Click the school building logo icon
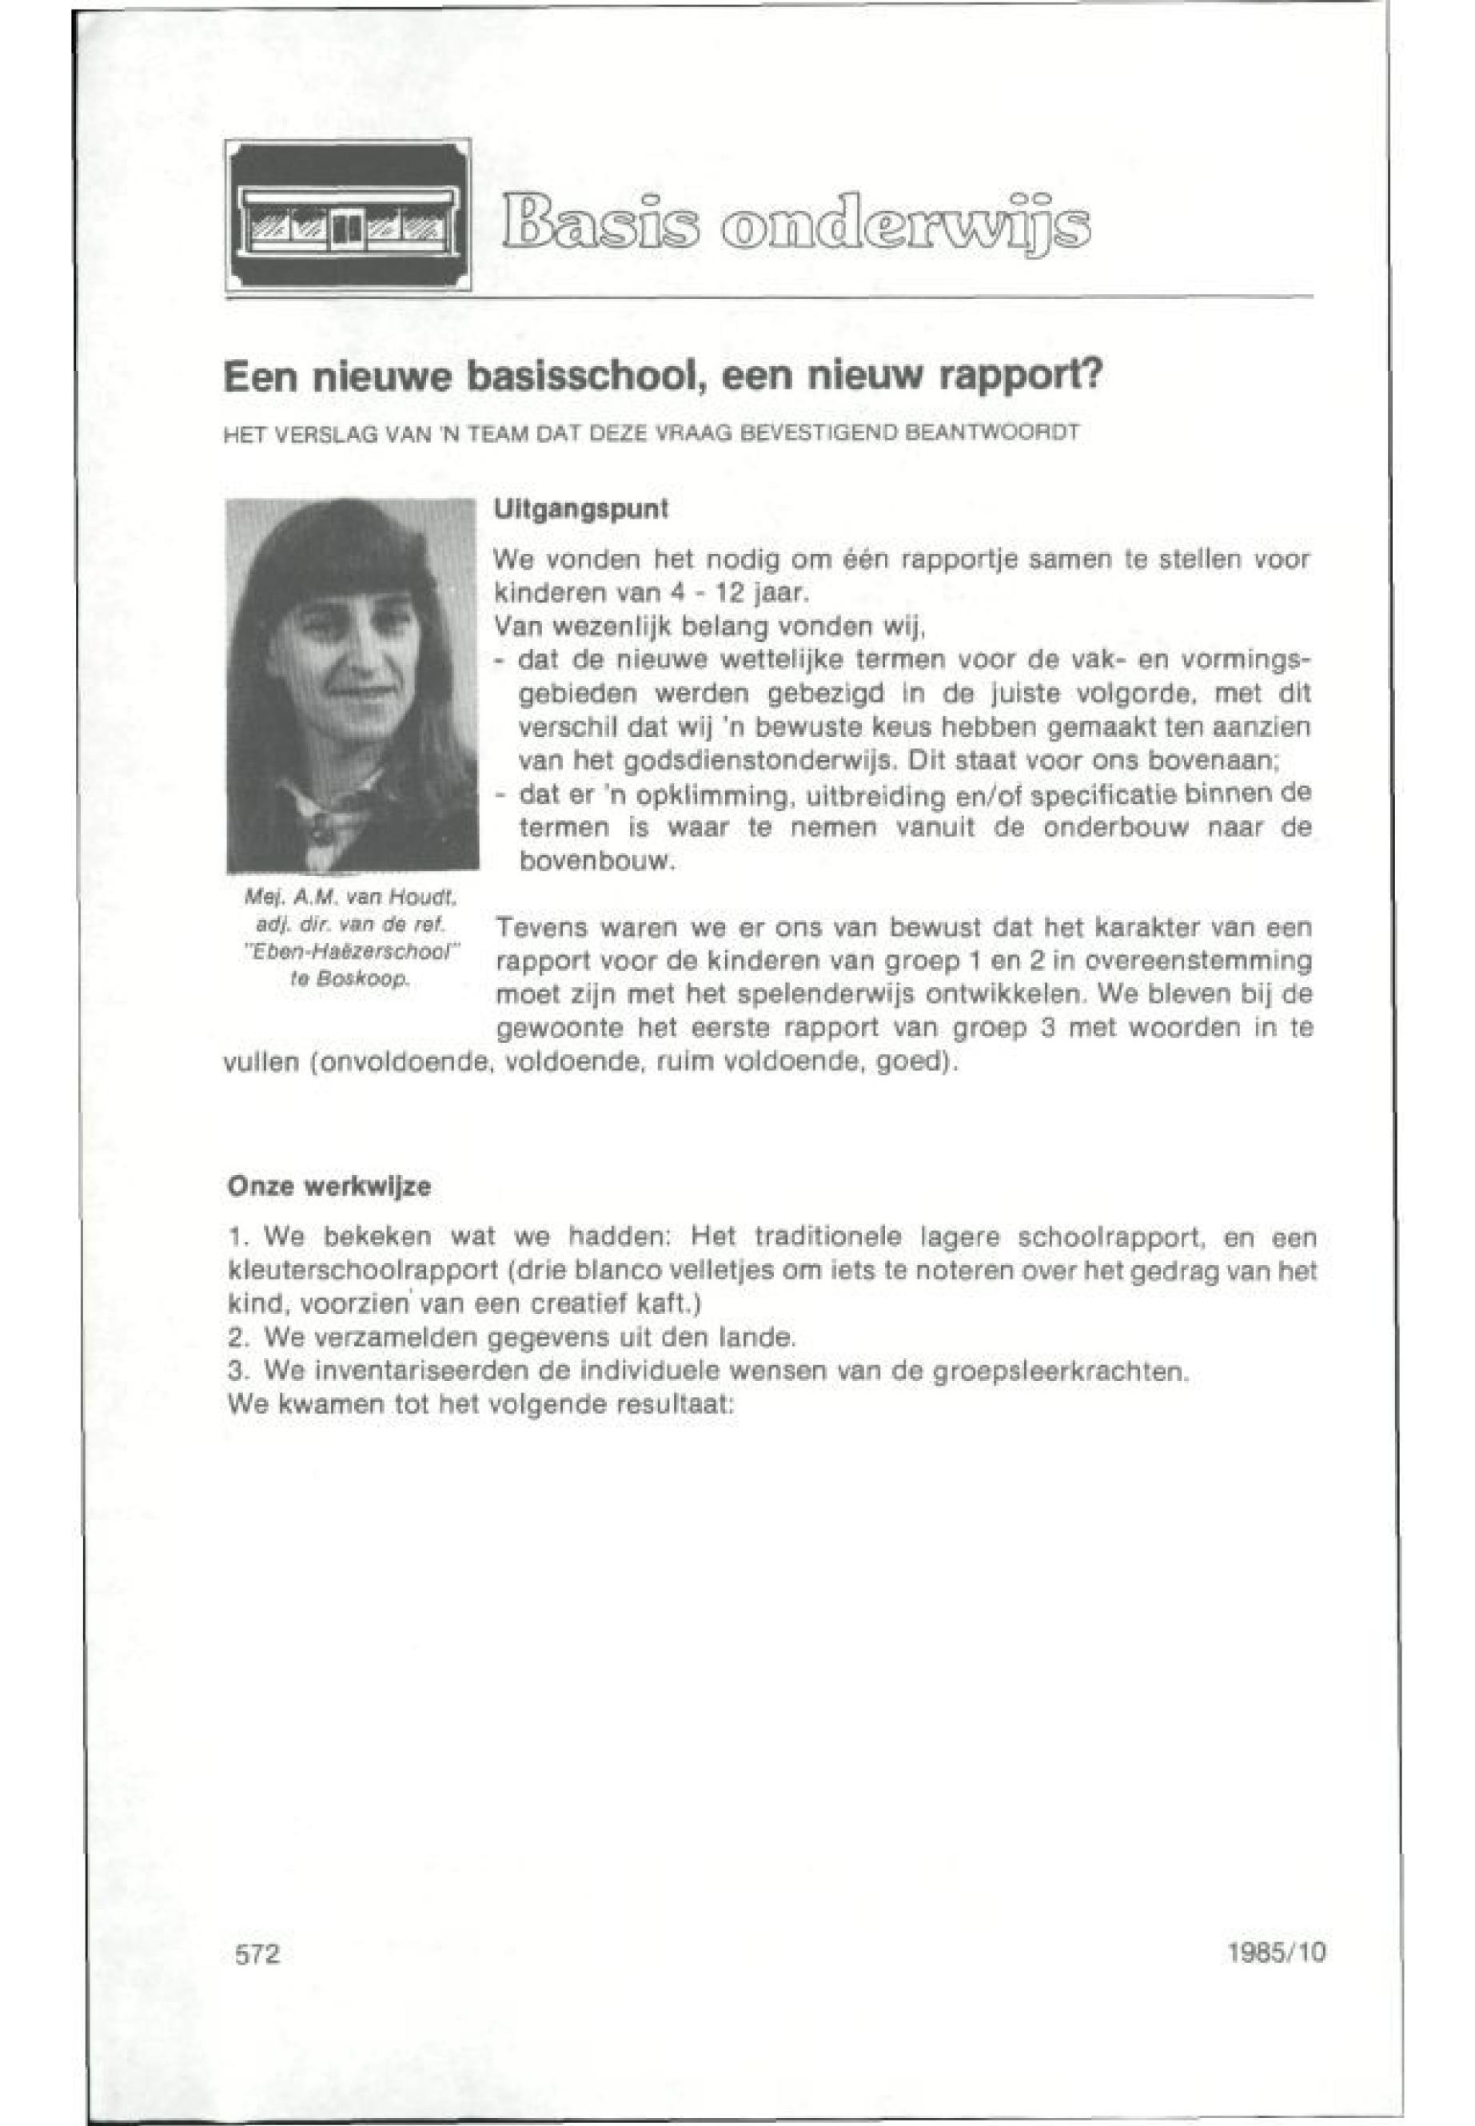[x=348, y=215]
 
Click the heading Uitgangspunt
[x=580, y=509]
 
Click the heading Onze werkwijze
[x=329, y=1187]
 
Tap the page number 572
[x=258, y=1954]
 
